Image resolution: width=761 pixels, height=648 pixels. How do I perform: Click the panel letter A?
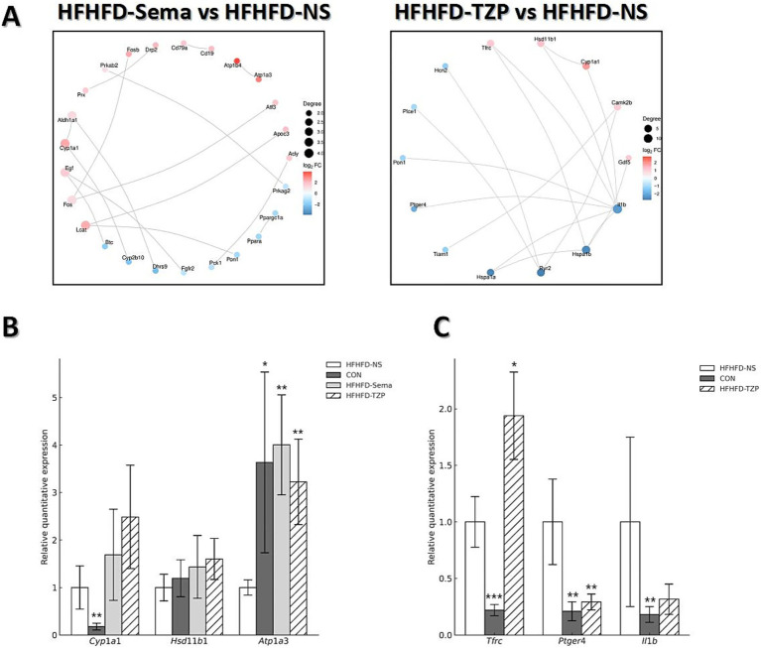point(15,19)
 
